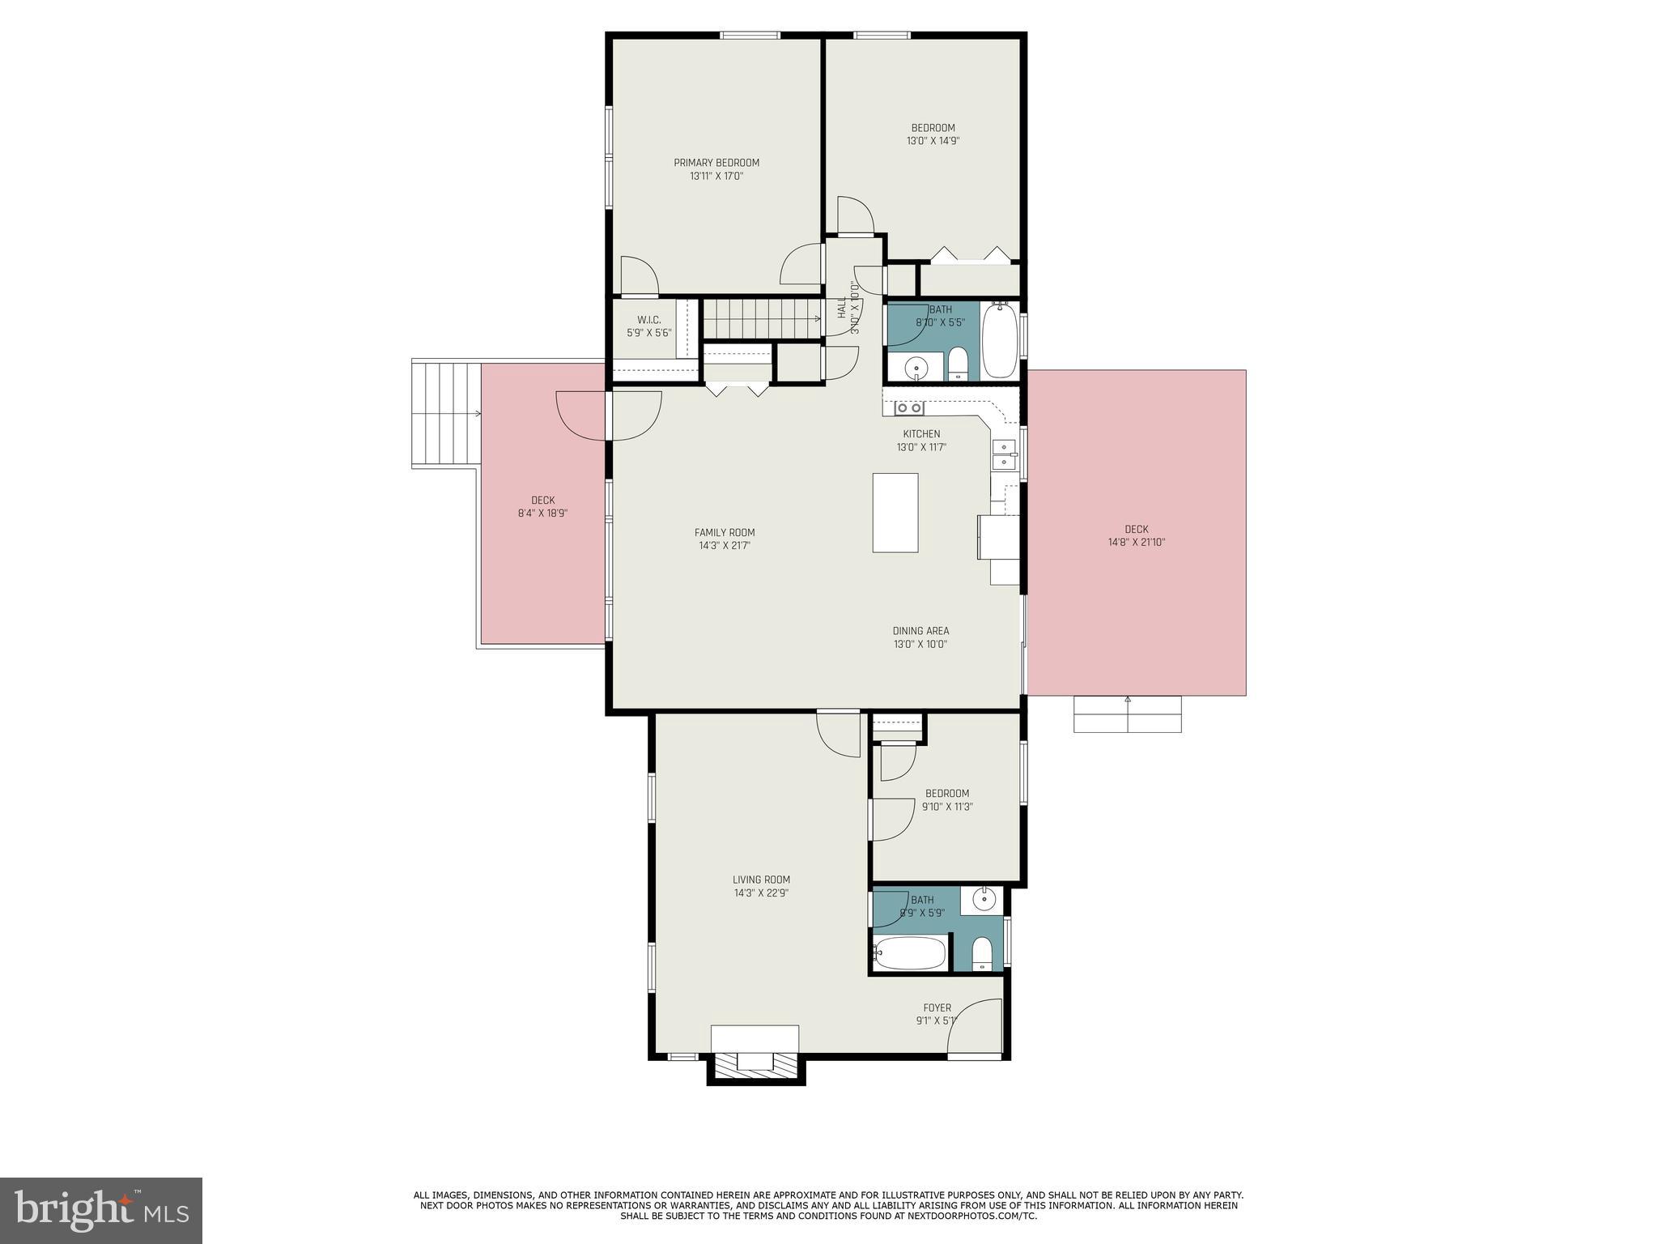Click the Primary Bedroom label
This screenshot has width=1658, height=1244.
716,163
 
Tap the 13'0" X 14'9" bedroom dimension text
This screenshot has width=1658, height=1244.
933,141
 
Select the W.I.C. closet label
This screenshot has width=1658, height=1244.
649,320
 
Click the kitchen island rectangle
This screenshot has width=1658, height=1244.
895,513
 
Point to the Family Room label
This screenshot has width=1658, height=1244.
725,533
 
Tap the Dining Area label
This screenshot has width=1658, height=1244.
920,631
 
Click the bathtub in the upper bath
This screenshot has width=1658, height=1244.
999,339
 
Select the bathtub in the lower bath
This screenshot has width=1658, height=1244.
910,953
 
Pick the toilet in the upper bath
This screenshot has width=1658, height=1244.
958,364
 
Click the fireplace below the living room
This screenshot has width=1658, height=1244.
755,1063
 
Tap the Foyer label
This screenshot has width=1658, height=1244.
937,1008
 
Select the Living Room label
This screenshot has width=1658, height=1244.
761,880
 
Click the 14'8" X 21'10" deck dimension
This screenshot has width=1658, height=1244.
1136,543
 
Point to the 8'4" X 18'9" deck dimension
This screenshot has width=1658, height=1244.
542,513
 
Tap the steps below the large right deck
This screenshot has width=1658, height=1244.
1127,714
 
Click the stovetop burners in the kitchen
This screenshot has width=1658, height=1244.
908,408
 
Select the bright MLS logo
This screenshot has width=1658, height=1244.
101,1211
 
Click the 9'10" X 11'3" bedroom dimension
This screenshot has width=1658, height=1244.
947,807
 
